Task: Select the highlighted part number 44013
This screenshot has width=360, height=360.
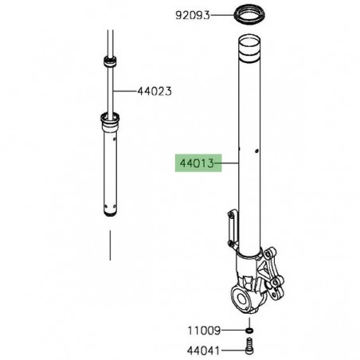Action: pyautogui.click(x=194, y=163)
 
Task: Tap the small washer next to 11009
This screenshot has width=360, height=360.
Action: pyautogui.click(x=248, y=329)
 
